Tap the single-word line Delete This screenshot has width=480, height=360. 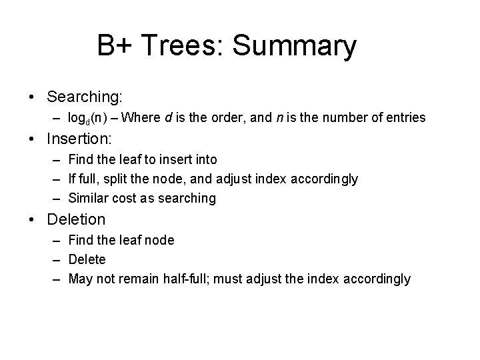[87, 259]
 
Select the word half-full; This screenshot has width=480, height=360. [189, 279]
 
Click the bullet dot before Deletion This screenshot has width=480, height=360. [33, 219]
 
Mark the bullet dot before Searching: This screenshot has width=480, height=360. [33, 97]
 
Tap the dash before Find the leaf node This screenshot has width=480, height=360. [58, 239]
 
